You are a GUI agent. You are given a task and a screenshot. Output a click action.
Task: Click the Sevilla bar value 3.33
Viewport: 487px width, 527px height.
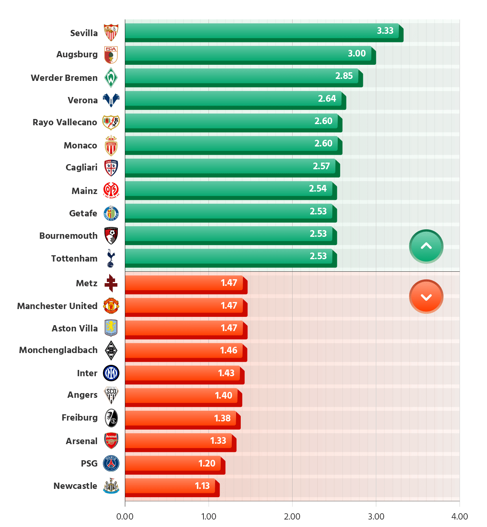pos(385,31)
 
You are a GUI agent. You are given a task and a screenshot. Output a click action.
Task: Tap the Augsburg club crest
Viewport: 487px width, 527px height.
pos(111,55)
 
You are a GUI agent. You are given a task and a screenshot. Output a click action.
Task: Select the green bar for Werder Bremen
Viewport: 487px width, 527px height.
pos(236,76)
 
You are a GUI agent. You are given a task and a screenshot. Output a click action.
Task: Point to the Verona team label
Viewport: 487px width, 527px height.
pos(82,100)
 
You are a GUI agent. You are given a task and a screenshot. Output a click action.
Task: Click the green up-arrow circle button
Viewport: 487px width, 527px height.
pos(426,246)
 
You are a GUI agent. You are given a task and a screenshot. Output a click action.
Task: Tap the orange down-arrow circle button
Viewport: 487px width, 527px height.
pos(426,297)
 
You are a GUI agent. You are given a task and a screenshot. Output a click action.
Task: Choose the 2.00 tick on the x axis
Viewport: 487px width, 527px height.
pos(292,516)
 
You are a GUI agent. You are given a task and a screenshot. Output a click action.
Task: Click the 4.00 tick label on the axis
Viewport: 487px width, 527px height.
pos(459,516)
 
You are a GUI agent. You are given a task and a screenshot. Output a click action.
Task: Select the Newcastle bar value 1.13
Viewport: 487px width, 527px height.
pos(202,486)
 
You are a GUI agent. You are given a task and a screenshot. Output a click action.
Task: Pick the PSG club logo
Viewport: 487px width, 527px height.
pos(111,463)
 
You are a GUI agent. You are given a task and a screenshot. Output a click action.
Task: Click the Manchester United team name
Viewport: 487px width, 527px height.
pos(57,306)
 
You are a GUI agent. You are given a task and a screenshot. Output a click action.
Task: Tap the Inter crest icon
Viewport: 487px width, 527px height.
pos(111,373)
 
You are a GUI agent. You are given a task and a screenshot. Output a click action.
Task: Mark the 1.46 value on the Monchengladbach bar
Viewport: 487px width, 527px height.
pos(228,350)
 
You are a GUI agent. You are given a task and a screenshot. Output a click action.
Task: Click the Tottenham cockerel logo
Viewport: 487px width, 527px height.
pos(111,258)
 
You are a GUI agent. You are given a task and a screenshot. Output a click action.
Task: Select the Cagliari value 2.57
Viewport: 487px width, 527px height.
pos(321,166)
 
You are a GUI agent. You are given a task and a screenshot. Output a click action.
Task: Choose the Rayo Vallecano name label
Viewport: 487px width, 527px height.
pos(65,122)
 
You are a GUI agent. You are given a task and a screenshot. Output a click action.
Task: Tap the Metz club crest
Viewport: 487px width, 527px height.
pos(111,283)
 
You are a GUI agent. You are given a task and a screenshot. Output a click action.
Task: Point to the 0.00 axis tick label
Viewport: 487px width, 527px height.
pos(125,516)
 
